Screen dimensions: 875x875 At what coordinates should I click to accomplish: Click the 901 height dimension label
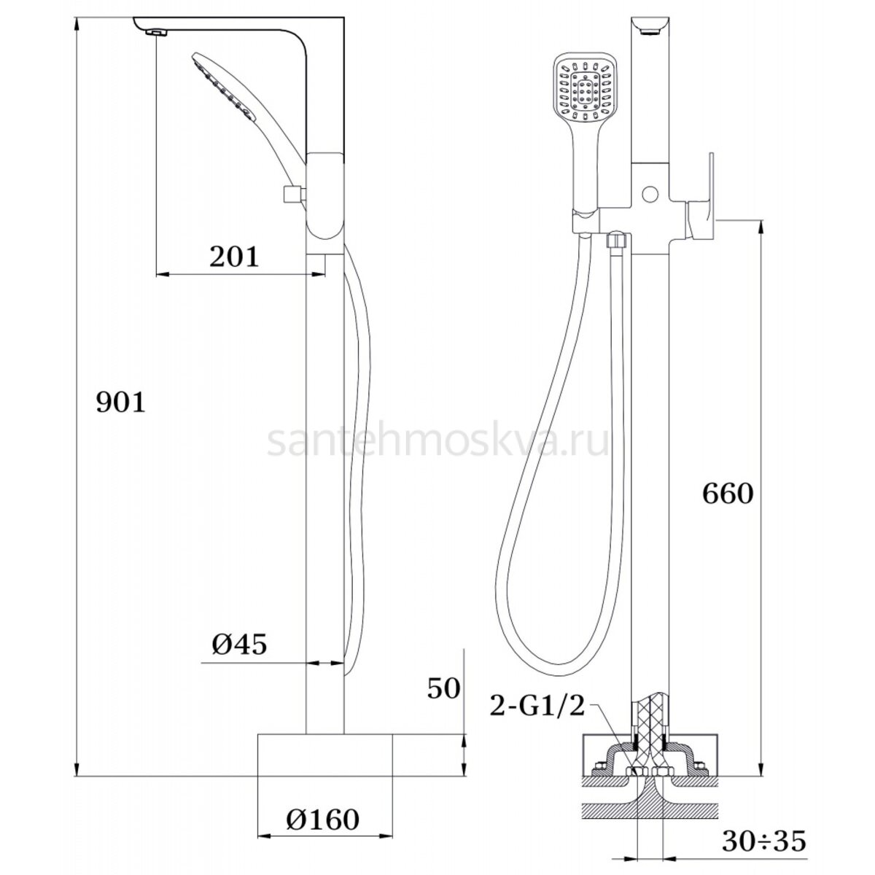121,402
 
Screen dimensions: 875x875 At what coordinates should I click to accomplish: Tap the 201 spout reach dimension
234,257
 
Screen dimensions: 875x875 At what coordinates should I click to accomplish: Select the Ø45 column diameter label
239,644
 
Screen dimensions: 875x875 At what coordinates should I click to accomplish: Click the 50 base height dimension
443,689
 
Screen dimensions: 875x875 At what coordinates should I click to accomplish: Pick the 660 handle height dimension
728,494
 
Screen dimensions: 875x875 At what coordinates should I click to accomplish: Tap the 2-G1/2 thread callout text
537,707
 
